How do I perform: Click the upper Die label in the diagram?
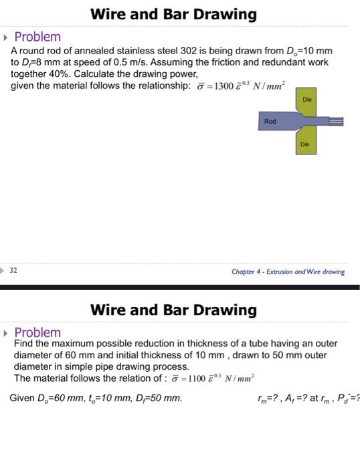point(306,99)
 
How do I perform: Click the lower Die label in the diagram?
point(305,144)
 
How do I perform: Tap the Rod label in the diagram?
point(270,121)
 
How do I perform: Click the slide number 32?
point(13,271)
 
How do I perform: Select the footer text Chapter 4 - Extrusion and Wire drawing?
point(288,271)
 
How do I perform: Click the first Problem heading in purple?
point(37,37)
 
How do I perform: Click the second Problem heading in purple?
point(37,332)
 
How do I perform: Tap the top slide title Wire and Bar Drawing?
point(173,13)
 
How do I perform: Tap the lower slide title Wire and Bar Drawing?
point(173,310)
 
